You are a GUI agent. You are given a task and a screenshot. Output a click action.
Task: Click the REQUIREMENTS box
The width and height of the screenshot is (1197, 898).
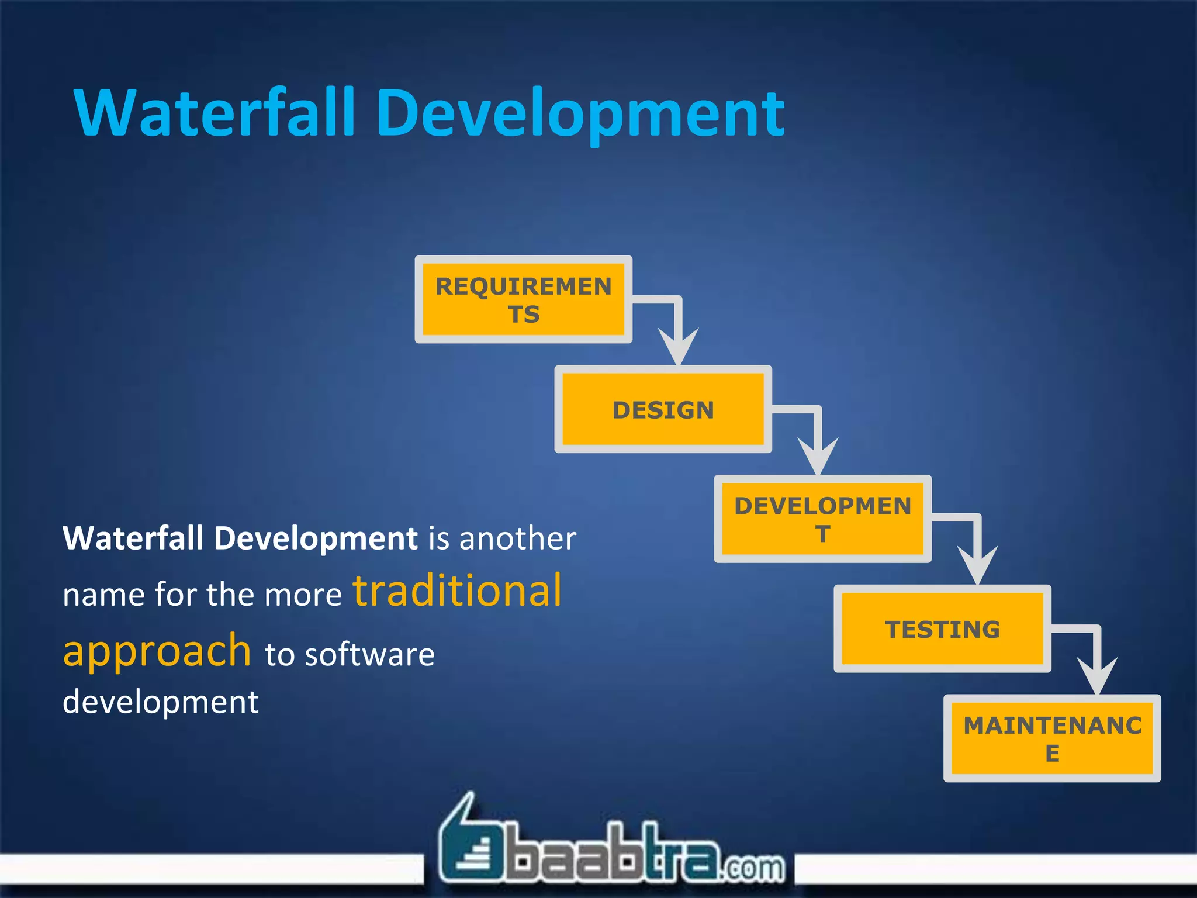(x=523, y=299)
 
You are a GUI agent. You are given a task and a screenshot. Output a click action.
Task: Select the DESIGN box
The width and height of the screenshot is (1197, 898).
(x=663, y=409)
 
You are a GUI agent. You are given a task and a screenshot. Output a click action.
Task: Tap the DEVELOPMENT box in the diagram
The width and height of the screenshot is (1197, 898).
(x=822, y=519)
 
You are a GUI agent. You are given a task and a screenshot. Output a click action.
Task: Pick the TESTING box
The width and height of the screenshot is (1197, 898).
(x=942, y=629)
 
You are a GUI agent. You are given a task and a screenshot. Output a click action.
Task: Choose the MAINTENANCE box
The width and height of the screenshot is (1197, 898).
(x=1052, y=738)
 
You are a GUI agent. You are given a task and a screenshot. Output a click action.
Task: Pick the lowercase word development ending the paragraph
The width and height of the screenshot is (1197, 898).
(x=160, y=702)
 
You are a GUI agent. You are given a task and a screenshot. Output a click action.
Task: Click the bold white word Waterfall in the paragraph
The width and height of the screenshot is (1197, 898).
(x=133, y=538)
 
